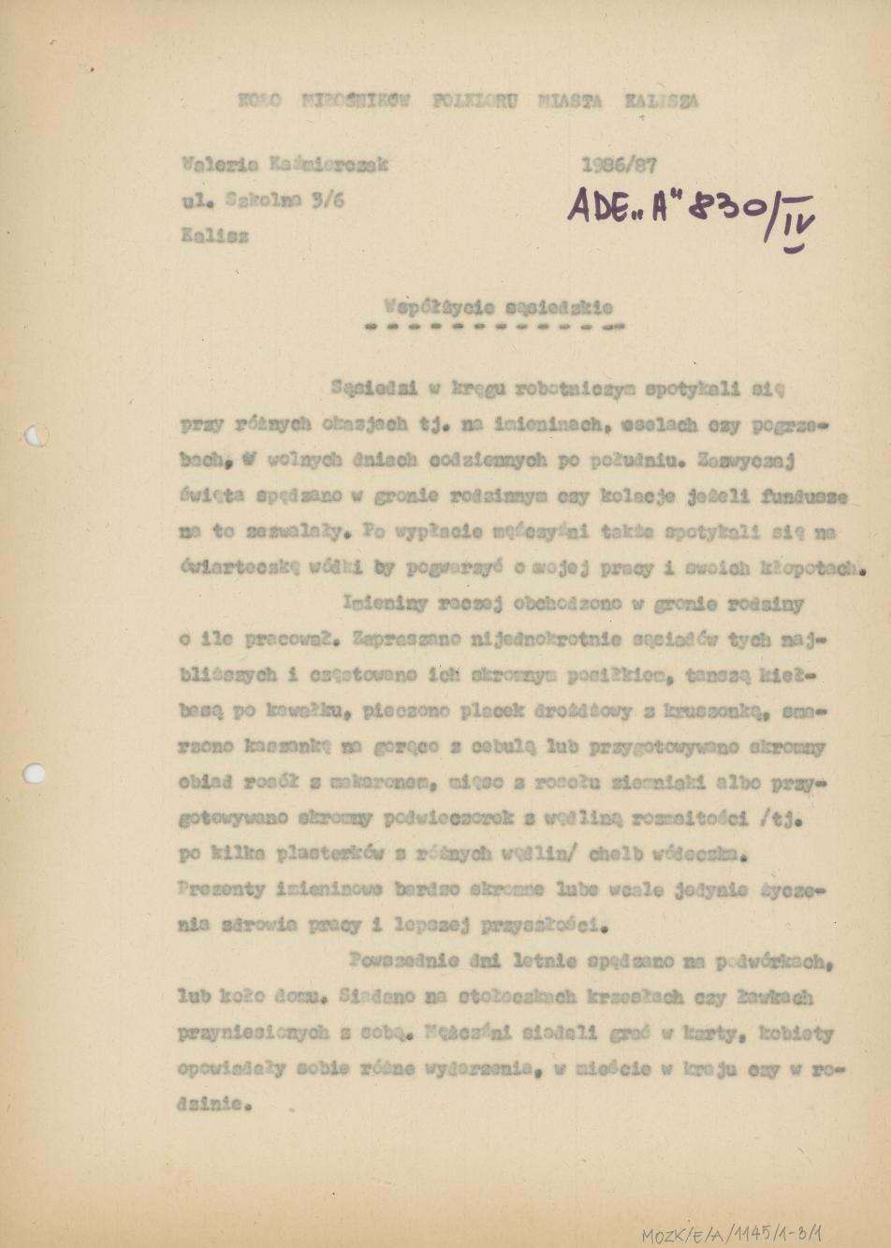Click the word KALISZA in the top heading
point(662,102)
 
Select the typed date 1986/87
point(619,166)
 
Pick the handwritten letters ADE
point(598,204)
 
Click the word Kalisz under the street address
point(215,237)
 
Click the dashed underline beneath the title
point(492,328)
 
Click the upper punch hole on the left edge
point(35,435)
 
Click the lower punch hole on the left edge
point(35,773)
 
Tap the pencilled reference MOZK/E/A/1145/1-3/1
point(732,1234)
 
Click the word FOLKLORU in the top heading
point(475,101)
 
